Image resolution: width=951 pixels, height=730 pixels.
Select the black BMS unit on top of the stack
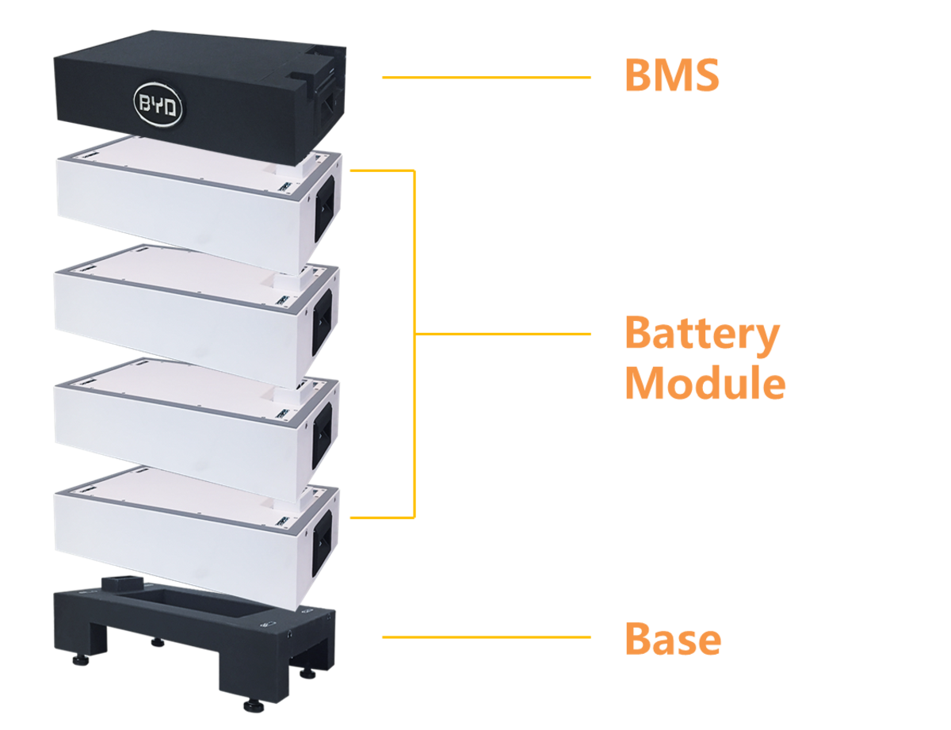198,87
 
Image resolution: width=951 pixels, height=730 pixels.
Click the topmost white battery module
182,198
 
